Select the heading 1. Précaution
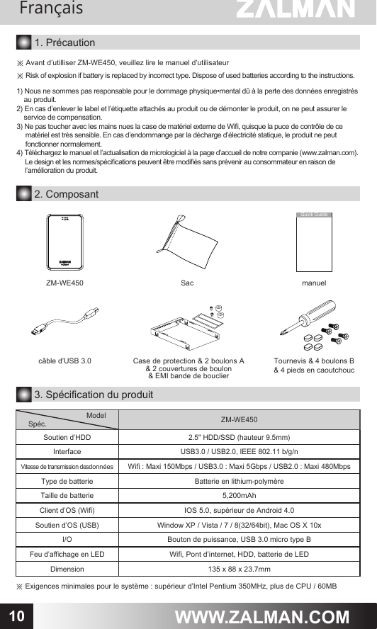point(64,44)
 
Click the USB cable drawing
point(67,322)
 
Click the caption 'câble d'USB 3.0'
point(64,361)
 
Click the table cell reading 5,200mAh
point(239,495)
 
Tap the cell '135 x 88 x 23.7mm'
point(239,569)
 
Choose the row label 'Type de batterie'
point(67,481)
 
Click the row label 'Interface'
point(67,451)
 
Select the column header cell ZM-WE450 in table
point(239,420)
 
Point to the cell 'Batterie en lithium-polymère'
point(239,481)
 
